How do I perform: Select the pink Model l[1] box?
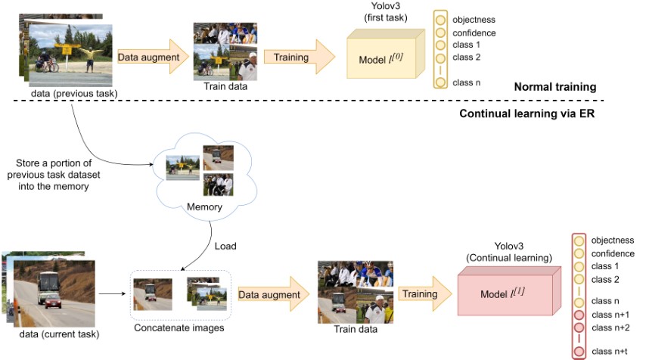[x=509, y=291]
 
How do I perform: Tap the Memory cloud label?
[x=204, y=206]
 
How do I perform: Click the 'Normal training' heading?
[x=555, y=87]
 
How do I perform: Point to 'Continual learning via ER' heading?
[x=527, y=113]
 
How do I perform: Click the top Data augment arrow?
[x=153, y=57]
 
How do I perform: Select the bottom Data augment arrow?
[x=274, y=294]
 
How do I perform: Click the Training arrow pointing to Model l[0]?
[x=299, y=57]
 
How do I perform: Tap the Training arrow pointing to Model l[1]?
[x=425, y=293]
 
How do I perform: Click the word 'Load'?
[x=225, y=247]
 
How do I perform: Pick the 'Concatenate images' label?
[x=179, y=328]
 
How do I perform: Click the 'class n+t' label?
[x=610, y=352]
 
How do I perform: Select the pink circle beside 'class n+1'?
[x=579, y=315]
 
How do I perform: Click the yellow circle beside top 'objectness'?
[x=440, y=20]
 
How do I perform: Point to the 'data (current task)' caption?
[x=59, y=334]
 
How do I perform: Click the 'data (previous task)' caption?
[x=74, y=94]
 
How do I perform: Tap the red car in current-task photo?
[x=53, y=303]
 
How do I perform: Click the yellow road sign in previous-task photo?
[x=67, y=50]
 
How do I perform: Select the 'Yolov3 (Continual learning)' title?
[x=509, y=252]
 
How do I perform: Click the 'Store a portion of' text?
[x=54, y=163]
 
